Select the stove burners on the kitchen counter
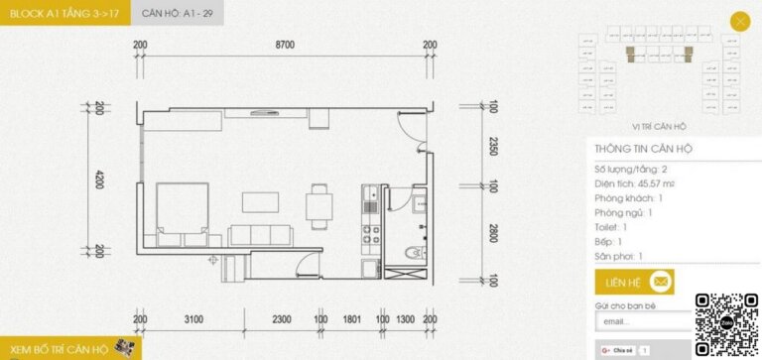(x=370, y=235)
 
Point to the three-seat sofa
(x=262, y=235)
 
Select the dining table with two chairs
(x=319, y=205)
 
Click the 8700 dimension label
(x=286, y=45)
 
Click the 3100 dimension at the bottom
(x=193, y=319)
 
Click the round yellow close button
(x=739, y=21)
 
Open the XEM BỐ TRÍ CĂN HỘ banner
(x=69, y=348)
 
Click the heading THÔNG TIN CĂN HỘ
(x=643, y=149)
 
